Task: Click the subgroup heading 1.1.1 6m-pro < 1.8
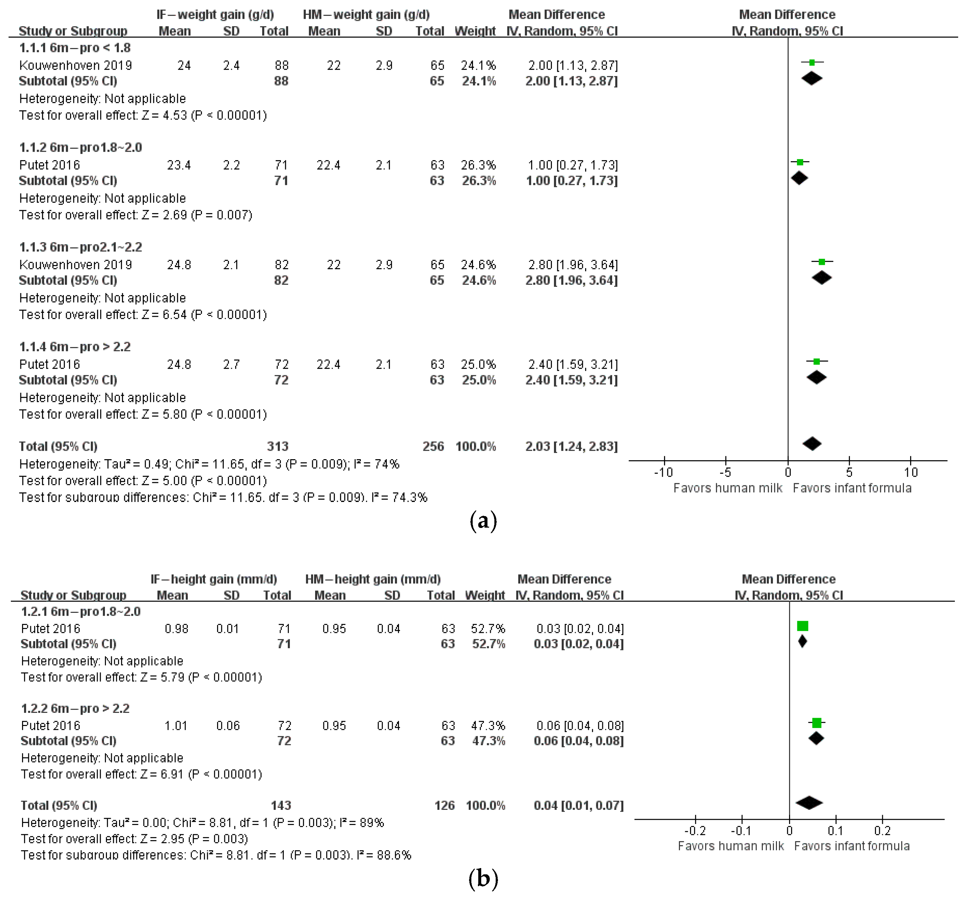pyautogui.click(x=75, y=48)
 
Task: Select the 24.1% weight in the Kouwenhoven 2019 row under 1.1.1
pyautogui.click(x=478, y=65)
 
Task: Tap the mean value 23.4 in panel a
pyautogui.click(x=179, y=165)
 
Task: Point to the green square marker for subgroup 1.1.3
pyautogui.click(x=822, y=262)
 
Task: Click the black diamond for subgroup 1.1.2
pyautogui.click(x=799, y=178)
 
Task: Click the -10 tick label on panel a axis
pyautogui.click(x=663, y=472)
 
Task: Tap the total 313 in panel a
pyautogui.click(x=277, y=446)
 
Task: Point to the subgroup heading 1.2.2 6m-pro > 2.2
pyautogui.click(x=75, y=708)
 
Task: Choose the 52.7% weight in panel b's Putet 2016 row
pyautogui.click(x=488, y=629)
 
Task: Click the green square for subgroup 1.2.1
pyautogui.click(x=803, y=626)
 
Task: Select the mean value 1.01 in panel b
pyautogui.click(x=176, y=725)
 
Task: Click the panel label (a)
pyautogui.click(x=483, y=521)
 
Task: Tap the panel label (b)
pyautogui.click(x=483, y=879)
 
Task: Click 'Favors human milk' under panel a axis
pyautogui.click(x=728, y=488)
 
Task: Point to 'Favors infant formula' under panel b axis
pyautogui.click(x=852, y=846)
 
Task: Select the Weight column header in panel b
pyautogui.click(x=485, y=595)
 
